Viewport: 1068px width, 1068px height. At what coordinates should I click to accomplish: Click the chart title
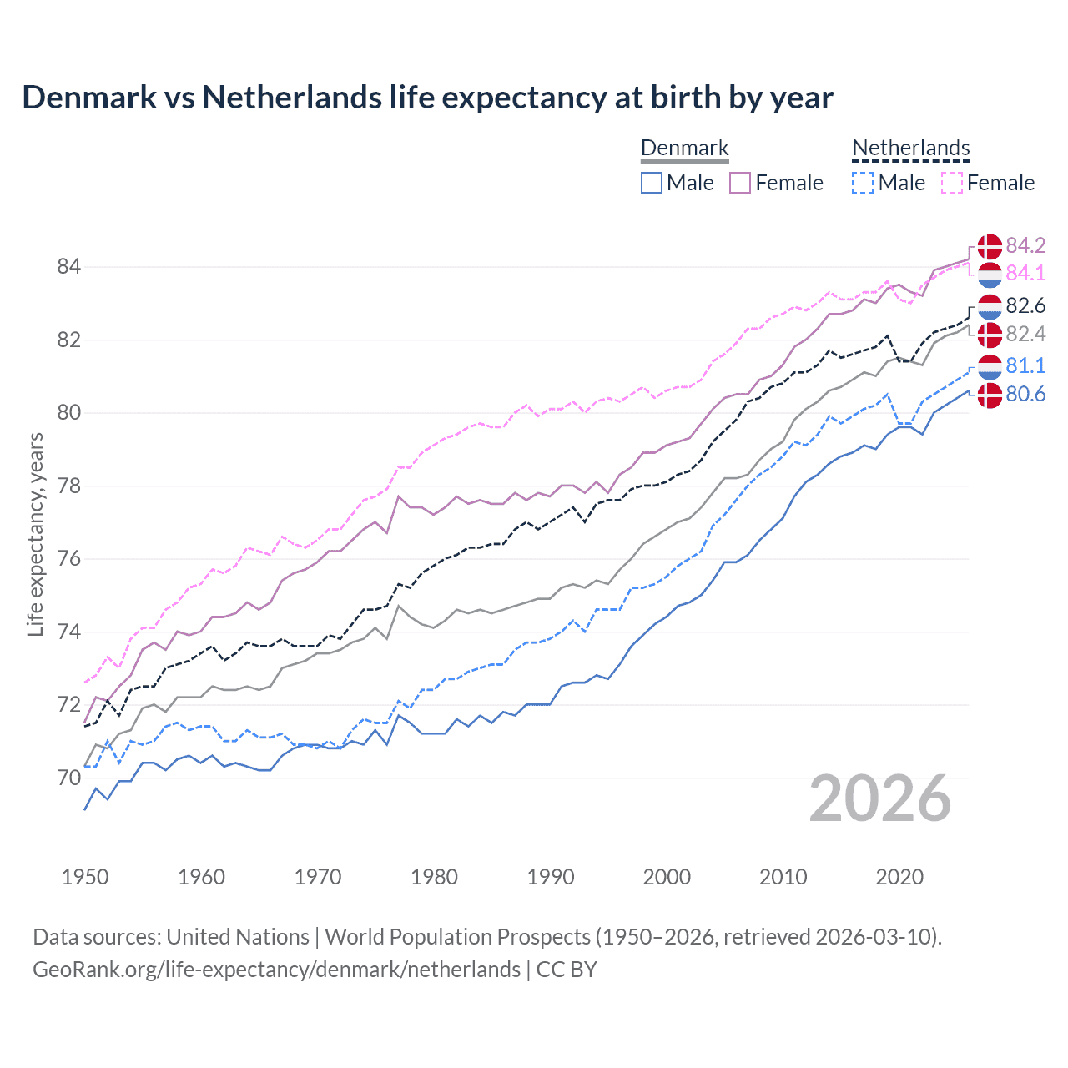(427, 98)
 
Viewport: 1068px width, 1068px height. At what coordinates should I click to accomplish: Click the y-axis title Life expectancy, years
(35, 534)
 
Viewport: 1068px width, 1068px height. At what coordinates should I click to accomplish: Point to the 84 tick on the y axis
(68, 267)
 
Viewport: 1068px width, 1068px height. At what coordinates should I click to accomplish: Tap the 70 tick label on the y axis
(68, 778)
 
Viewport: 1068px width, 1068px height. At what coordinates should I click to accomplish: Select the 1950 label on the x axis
(85, 877)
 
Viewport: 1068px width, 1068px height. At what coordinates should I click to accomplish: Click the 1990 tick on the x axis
(551, 877)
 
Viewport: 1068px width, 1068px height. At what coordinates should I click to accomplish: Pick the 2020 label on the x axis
(899, 877)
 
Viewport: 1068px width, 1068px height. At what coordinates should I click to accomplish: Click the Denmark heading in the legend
(685, 148)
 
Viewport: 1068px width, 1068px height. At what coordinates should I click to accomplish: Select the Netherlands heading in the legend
(911, 148)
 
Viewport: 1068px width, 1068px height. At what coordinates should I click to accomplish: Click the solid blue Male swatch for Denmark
(652, 183)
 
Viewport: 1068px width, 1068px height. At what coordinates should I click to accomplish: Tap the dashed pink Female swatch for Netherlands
(952, 183)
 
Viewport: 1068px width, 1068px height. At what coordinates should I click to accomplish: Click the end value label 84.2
(1025, 245)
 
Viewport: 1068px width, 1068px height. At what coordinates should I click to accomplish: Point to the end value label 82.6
(1025, 306)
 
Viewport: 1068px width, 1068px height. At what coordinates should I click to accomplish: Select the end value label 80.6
(1025, 395)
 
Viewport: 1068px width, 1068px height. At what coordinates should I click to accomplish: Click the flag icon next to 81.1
(990, 366)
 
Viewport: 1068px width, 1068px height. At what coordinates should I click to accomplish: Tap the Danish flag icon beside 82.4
(990, 335)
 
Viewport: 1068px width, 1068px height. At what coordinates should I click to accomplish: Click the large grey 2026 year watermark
(880, 799)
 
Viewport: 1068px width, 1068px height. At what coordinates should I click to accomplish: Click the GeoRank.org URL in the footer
(276, 970)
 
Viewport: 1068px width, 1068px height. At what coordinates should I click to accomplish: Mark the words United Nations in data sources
(238, 937)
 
